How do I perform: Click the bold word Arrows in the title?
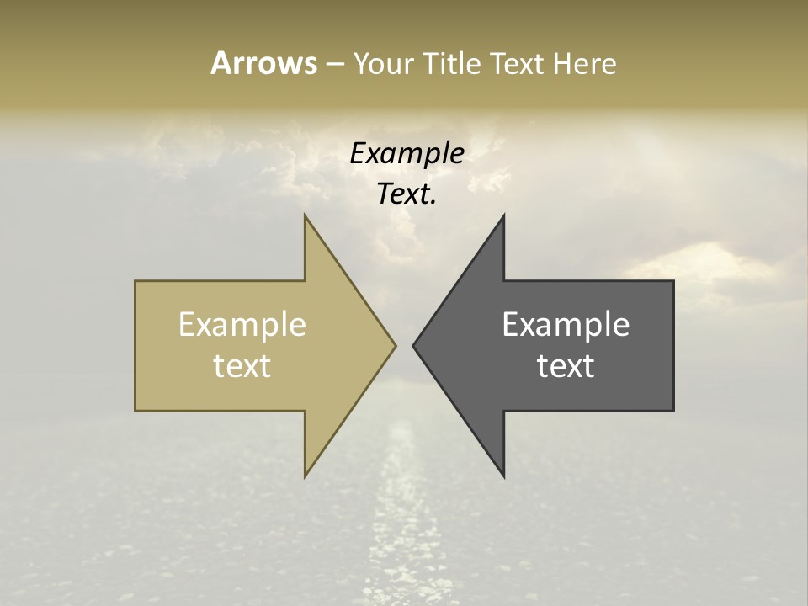(263, 63)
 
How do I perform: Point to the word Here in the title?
(585, 63)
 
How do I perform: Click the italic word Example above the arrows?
(407, 153)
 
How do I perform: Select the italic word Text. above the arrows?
(407, 194)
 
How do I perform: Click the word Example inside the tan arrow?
(242, 324)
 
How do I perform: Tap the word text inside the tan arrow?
(242, 365)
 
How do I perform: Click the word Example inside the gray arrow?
(566, 324)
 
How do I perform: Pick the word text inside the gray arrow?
(566, 365)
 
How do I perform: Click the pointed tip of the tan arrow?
(396, 345)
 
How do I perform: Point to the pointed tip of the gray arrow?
(413, 345)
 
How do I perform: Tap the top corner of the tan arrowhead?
(305, 215)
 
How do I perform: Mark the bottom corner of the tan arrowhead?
(305, 476)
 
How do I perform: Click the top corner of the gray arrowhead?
(504, 215)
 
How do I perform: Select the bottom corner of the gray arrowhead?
(504, 476)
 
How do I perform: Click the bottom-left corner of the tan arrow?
(136, 411)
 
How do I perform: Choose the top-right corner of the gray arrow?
(673, 281)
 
